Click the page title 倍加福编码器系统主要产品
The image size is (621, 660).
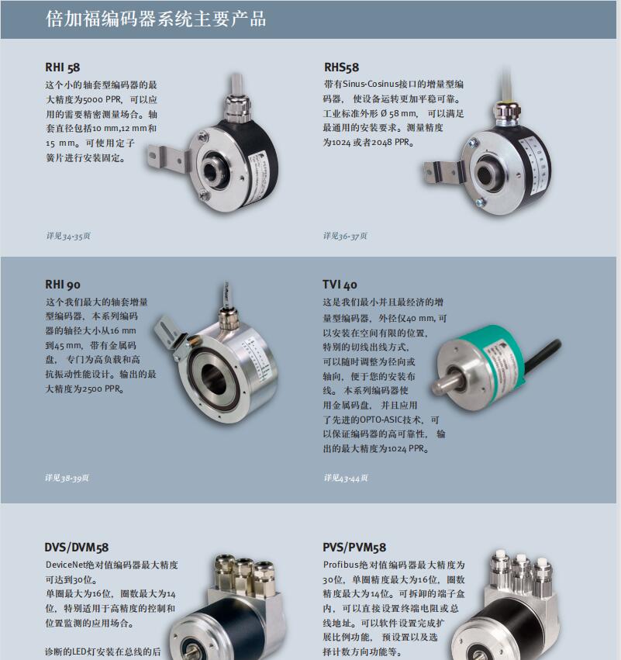156,19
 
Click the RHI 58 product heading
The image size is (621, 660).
62,67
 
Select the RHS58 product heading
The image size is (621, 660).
341,67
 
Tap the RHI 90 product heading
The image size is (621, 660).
62,285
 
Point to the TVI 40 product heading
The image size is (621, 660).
340,285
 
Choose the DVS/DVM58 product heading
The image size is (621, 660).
77,548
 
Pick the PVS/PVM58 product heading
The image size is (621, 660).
354,548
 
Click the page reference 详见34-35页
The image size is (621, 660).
68,236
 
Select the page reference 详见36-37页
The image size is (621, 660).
345,236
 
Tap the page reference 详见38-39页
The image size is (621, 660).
67,478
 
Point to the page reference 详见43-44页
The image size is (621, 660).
346,478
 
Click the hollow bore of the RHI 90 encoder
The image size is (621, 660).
214,378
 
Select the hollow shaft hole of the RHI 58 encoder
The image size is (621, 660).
209,171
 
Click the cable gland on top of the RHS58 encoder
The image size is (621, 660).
505,113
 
